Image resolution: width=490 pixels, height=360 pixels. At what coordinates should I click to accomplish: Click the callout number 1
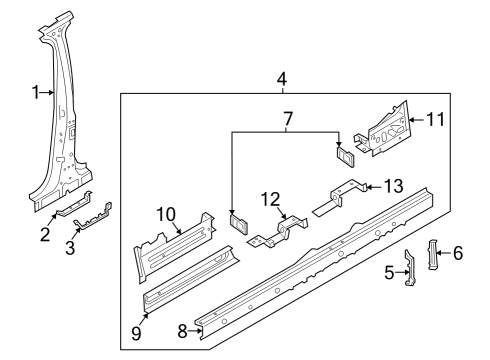pyautogui.click(x=36, y=92)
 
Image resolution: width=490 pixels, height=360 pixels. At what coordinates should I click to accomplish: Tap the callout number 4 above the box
pyautogui.click(x=282, y=80)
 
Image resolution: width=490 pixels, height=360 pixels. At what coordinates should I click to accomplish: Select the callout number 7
pyautogui.click(x=288, y=118)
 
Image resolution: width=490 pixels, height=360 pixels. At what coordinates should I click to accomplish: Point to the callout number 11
pyautogui.click(x=436, y=119)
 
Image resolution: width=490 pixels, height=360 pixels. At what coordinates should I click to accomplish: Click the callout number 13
pyautogui.click(x=394, y=186)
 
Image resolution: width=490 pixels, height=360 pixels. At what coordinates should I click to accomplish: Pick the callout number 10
pyautogui.click(x=166, y=214)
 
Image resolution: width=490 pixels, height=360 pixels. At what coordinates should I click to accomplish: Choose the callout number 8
pyautogui.click(x=182, y=331)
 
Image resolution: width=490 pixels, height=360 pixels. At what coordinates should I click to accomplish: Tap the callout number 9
pyautogui.click(x=136, y=333)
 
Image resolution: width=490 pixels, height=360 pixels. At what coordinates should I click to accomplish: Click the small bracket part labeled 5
pyautogui.click(x=410, y=268)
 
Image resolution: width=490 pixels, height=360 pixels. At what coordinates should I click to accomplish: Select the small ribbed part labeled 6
pyautogui.click(x=432, y=254)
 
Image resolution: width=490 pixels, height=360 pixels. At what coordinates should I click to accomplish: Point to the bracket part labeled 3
pyautogui.click(x=94, y=218)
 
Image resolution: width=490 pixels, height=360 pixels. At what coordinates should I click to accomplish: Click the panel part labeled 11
pyautogui.click(x=383, y=130)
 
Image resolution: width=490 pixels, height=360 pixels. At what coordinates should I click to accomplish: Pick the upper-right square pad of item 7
pyautogui.click(x=345, y=156)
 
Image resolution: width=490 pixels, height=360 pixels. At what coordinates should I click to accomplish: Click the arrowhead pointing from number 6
pyautogui.click(x=439, y=253)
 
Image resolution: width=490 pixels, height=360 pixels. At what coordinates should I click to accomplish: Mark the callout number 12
pyautogui.click(x=270, y=199)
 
